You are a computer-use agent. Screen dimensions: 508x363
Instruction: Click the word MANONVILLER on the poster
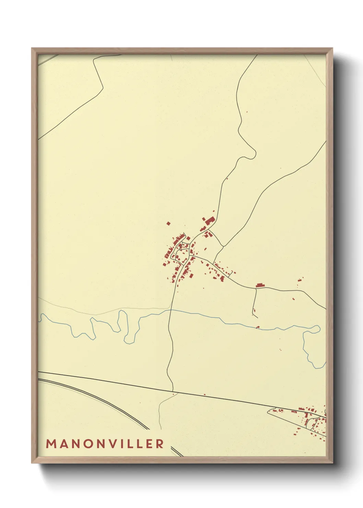tap(105, 444)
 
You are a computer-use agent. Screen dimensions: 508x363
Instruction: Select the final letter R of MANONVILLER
tap(160, 444)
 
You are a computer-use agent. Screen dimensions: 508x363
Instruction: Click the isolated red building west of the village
tap(168, 223)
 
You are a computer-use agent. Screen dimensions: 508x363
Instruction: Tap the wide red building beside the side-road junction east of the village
tap(260, 285)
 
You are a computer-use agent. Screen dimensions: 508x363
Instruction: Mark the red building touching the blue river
tap(258, 327)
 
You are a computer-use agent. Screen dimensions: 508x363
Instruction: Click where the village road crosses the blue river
tap(171, 310)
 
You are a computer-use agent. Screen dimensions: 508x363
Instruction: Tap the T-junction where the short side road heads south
tap(256, 289)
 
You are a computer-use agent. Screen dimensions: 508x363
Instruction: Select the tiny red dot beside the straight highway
tap(204, 394)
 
